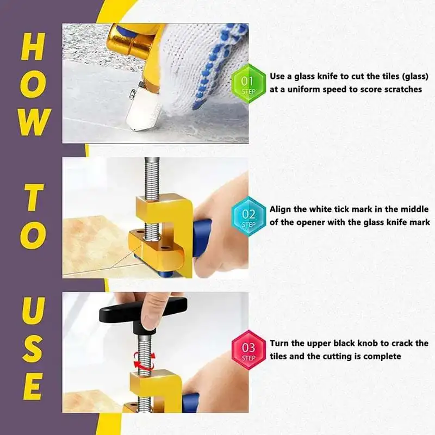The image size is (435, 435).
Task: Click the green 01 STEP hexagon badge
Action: click(x=248, y=83)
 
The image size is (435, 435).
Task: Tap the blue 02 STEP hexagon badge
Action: click(x=248, y=216)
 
